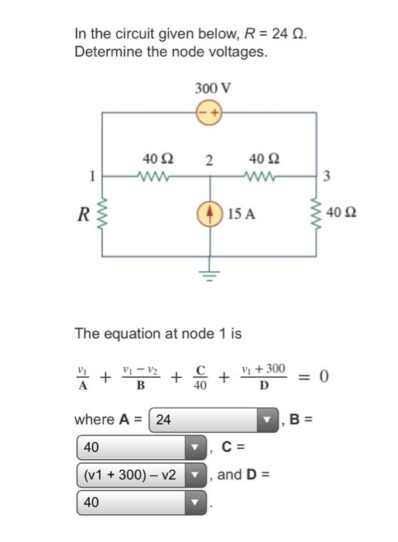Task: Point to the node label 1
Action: (x=92, y=176)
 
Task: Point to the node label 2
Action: (x=209, y=161)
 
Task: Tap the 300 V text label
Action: (x=209, y=87)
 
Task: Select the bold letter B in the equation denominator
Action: (x=141, y=386)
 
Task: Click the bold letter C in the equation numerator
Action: (x=199, y=368)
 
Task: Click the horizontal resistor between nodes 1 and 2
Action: (x=156, y=176)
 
